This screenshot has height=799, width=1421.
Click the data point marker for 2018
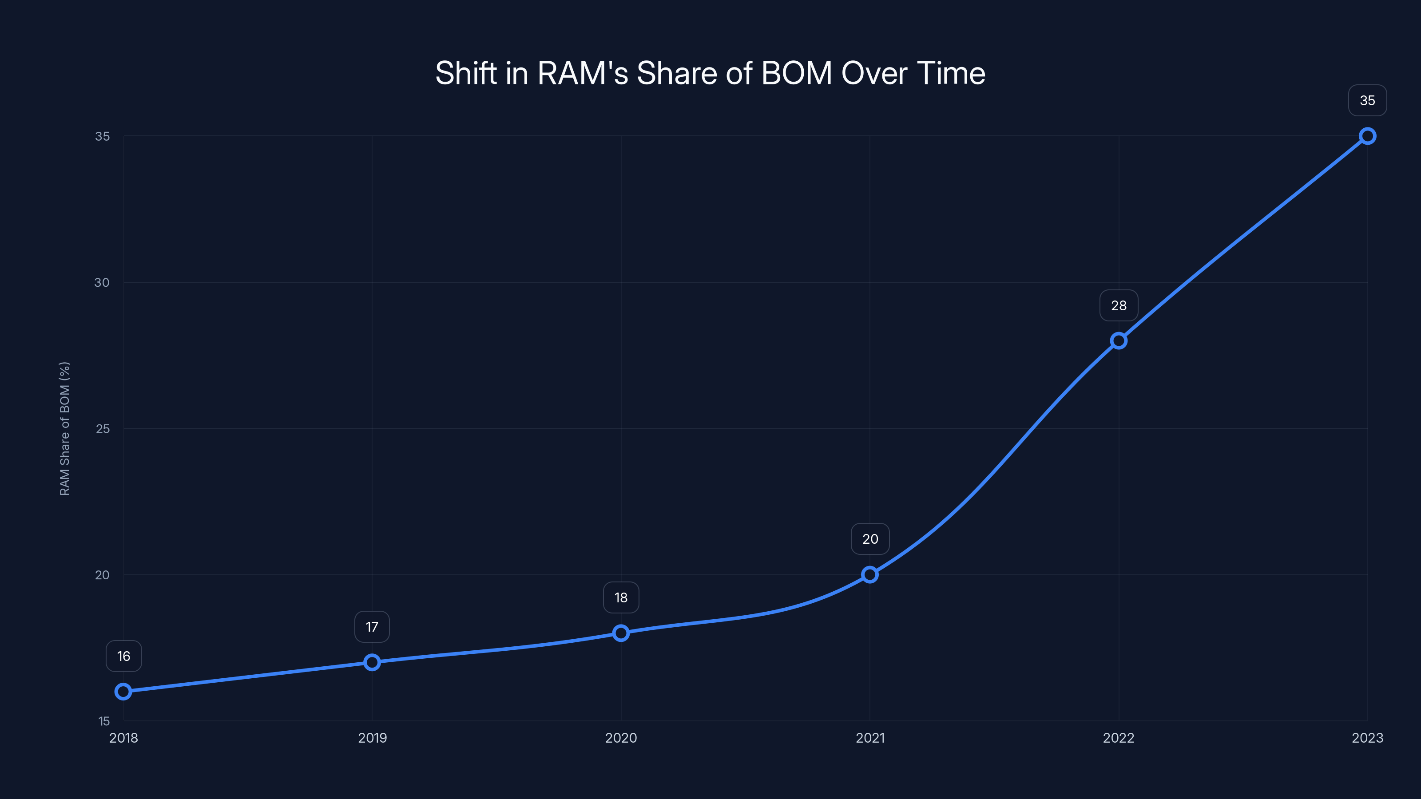(123, 692)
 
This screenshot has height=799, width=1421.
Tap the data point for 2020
(621, 633)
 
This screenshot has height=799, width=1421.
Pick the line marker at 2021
(870, 574)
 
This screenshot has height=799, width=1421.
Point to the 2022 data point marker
(1119, 341)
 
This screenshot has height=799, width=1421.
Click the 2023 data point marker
(1368, 136)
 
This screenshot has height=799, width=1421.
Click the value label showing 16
(123, 656)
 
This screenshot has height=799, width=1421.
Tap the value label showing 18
(621, 598)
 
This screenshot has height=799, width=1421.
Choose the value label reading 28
(1119, 305)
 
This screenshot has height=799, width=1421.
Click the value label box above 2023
(1368, 100)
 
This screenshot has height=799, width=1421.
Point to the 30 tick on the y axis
(102, 282)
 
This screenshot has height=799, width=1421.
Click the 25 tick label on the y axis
(103, 428)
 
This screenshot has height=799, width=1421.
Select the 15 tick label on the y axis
(104, 721)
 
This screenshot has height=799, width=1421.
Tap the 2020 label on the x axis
(621, 738)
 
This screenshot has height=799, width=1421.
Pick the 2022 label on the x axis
(1119, 738)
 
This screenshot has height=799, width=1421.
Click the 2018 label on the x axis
(123, 738)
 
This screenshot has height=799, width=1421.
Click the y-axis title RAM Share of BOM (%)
(64, 428)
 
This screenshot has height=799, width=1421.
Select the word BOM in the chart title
(796, 73)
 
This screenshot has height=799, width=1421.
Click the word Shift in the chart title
(466, 73)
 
